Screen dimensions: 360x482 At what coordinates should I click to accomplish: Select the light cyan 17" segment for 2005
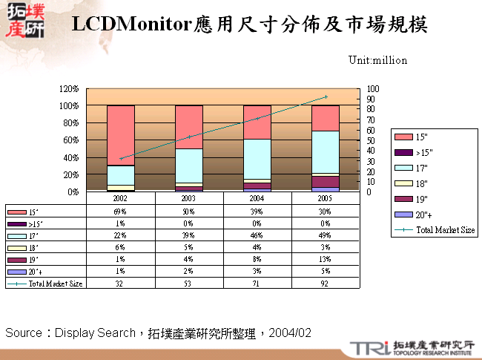(326, 151)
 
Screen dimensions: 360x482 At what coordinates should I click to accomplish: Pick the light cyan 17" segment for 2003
(189, 165)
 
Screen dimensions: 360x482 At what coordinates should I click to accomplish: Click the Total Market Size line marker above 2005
(326, 96)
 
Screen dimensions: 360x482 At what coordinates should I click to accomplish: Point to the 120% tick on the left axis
(69, 88)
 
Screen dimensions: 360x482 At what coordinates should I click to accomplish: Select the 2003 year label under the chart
(189, 199)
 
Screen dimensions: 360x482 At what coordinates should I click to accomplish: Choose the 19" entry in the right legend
(421, 198)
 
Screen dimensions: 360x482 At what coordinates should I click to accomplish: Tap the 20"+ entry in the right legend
(423, 214)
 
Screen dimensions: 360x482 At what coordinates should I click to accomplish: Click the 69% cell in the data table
(121, 212)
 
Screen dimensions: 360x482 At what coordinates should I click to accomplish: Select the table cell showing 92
(326, 283)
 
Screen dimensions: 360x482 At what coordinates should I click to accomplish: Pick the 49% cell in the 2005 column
(326, 235)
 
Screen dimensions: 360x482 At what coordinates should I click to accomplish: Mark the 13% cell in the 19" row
(326, 259)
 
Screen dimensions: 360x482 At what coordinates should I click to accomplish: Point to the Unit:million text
(377, 60)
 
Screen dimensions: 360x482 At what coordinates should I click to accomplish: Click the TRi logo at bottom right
(369, 347)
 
